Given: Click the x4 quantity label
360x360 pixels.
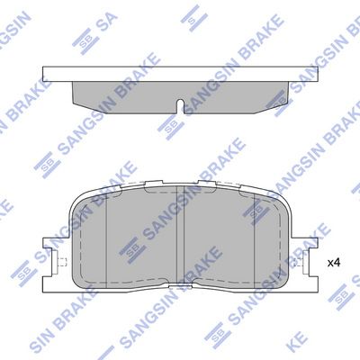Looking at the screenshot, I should (333, 263).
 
